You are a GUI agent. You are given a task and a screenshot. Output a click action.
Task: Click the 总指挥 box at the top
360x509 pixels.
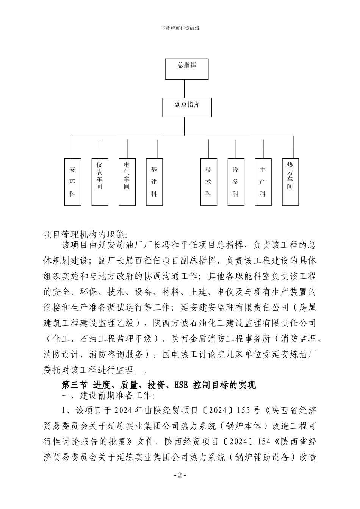pos(187,69)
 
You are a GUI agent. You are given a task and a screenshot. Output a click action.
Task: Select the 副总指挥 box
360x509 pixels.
pos(187,108)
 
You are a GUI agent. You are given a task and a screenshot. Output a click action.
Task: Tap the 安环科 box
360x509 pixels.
pos(72,182)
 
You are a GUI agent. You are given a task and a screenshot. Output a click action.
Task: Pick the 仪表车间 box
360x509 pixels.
pos(100,182)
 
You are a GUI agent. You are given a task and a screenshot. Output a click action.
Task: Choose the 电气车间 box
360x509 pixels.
pos(127,182)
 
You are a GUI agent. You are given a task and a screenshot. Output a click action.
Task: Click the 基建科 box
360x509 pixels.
pos(154,182)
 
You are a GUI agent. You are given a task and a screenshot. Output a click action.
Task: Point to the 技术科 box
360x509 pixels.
pos(208,182)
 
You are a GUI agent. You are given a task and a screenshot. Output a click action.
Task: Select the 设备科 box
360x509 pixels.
pos(236,182)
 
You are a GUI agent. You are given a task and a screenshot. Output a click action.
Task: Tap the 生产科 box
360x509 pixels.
pos(263,182)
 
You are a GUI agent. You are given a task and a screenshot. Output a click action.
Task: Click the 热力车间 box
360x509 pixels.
pos(290,182)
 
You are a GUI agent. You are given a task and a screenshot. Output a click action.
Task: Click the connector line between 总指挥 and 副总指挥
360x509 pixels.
pos(185,89)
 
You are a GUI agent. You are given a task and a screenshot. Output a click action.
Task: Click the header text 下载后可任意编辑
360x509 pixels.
pos(180,28)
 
